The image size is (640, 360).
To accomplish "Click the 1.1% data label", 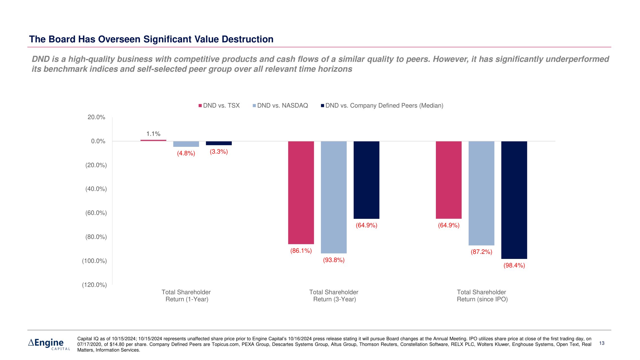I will (153, 134).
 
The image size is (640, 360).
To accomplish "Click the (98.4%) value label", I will (514, 265).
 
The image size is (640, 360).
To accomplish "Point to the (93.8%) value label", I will (334, 260).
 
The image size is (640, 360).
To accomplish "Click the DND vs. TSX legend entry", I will (219, 106).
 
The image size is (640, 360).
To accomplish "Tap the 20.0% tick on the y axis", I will (96, 117).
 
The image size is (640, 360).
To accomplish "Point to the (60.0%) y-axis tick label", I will (96, 213).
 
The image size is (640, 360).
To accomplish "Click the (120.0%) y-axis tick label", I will (94, 285).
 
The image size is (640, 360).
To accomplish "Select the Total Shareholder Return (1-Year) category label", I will (186, 296).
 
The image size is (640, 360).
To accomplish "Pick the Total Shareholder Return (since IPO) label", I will (482, 296).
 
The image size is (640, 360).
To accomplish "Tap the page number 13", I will (602, 343).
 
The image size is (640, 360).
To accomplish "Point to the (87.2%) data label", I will (481, 252).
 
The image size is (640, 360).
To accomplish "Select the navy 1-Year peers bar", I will (219, 143).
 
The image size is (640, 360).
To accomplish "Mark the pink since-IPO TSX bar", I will (449, 180).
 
